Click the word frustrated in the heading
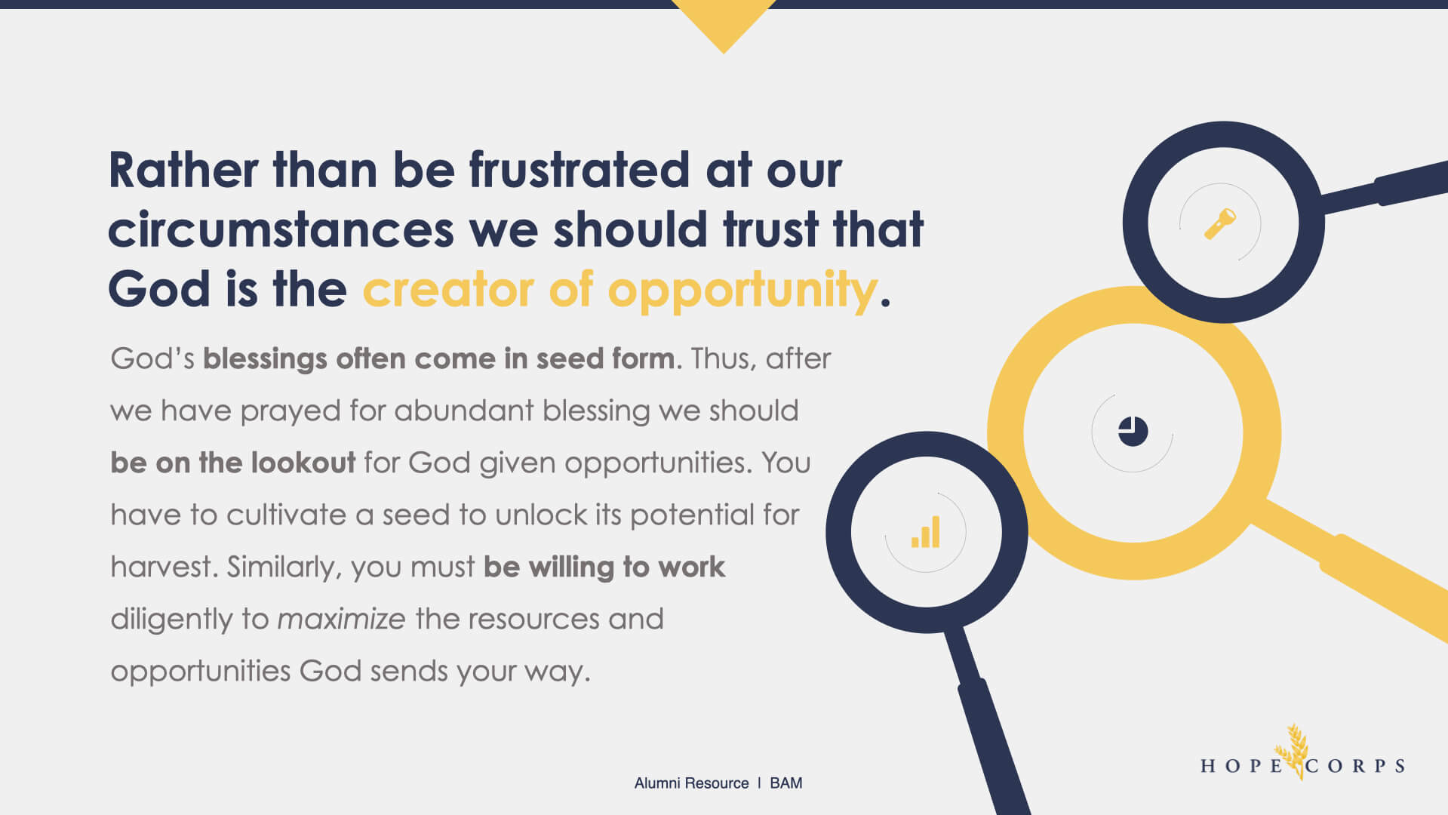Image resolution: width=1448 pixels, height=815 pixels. pos(580,169)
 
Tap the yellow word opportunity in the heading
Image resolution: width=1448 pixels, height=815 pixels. pos(742,291)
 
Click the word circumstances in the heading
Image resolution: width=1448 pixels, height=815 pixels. pos(281,229)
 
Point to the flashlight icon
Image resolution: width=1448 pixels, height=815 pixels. pos(1219,224)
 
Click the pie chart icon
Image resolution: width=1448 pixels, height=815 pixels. pos(1133,432)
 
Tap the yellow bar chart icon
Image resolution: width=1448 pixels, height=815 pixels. pos(926,532)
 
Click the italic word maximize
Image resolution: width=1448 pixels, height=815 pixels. pos(342,619)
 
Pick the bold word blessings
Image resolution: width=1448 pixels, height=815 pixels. pos(265,359)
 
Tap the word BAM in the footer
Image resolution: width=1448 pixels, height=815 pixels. pos(785,783)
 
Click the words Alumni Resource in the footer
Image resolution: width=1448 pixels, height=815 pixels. pos(691,783)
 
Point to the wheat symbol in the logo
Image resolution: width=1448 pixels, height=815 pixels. pos(1293,751)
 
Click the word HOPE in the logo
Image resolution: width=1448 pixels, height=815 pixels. pos(1241,766)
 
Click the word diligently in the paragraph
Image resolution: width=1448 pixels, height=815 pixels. pos(172,620)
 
